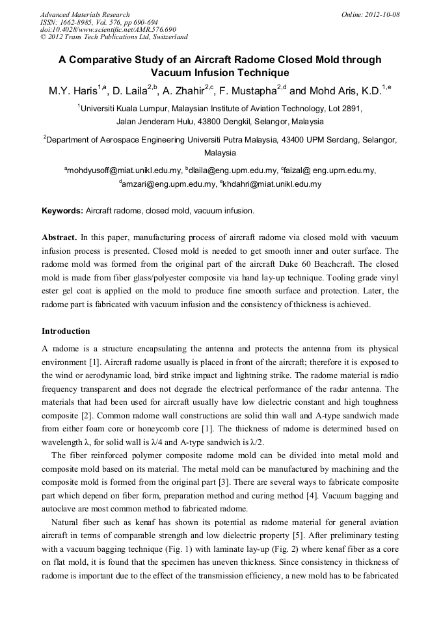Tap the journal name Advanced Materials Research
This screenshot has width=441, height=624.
[85, 14]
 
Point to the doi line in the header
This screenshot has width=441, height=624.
[108, 29]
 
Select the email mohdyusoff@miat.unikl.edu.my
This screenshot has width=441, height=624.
[124, 170]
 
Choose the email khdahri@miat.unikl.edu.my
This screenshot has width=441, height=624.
[271, 184]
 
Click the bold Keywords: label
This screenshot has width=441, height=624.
[62, 211]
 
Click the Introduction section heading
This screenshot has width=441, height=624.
[66, 331]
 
